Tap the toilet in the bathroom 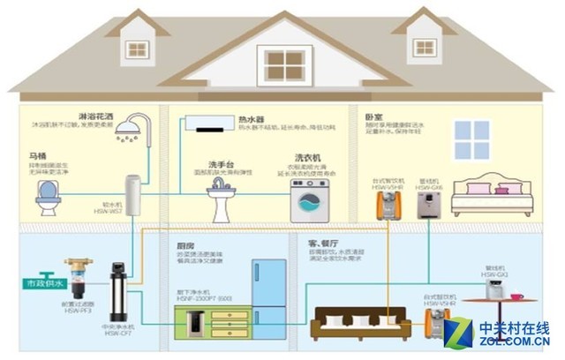coord(48,199)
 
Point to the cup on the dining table coord(515,296)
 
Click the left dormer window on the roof coord(137,49)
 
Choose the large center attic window coord(284,64)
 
